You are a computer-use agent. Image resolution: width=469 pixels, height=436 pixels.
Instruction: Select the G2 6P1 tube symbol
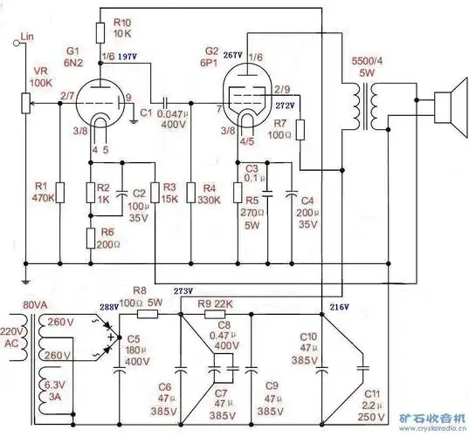tap(247, 103)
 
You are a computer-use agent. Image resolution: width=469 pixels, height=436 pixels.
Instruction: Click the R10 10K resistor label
tap(123, 27)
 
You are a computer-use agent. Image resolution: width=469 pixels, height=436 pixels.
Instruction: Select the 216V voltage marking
tap(339, 308)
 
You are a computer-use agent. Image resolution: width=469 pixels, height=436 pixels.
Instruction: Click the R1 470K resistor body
tap(59, 192)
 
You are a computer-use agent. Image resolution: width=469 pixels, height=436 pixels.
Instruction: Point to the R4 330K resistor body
tap(190, 192)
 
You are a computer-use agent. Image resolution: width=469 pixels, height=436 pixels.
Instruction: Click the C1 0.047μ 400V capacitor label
tap(172, 119)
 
